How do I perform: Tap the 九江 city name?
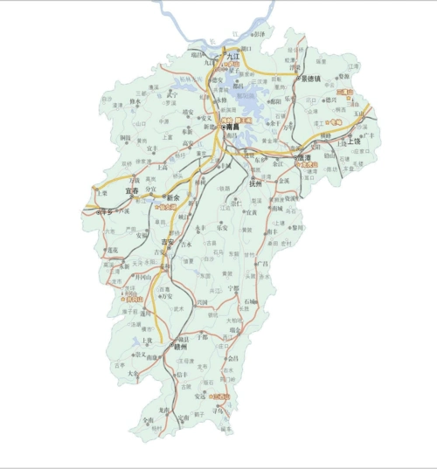(232, 55)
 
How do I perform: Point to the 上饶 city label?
(354, 141)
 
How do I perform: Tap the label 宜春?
(132, 190)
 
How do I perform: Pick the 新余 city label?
(172, 198)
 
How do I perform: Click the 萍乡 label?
(107, 211)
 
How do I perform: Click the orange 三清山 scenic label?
(343, 92)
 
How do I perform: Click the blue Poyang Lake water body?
(249, 96)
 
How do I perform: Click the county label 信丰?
(182, 376)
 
